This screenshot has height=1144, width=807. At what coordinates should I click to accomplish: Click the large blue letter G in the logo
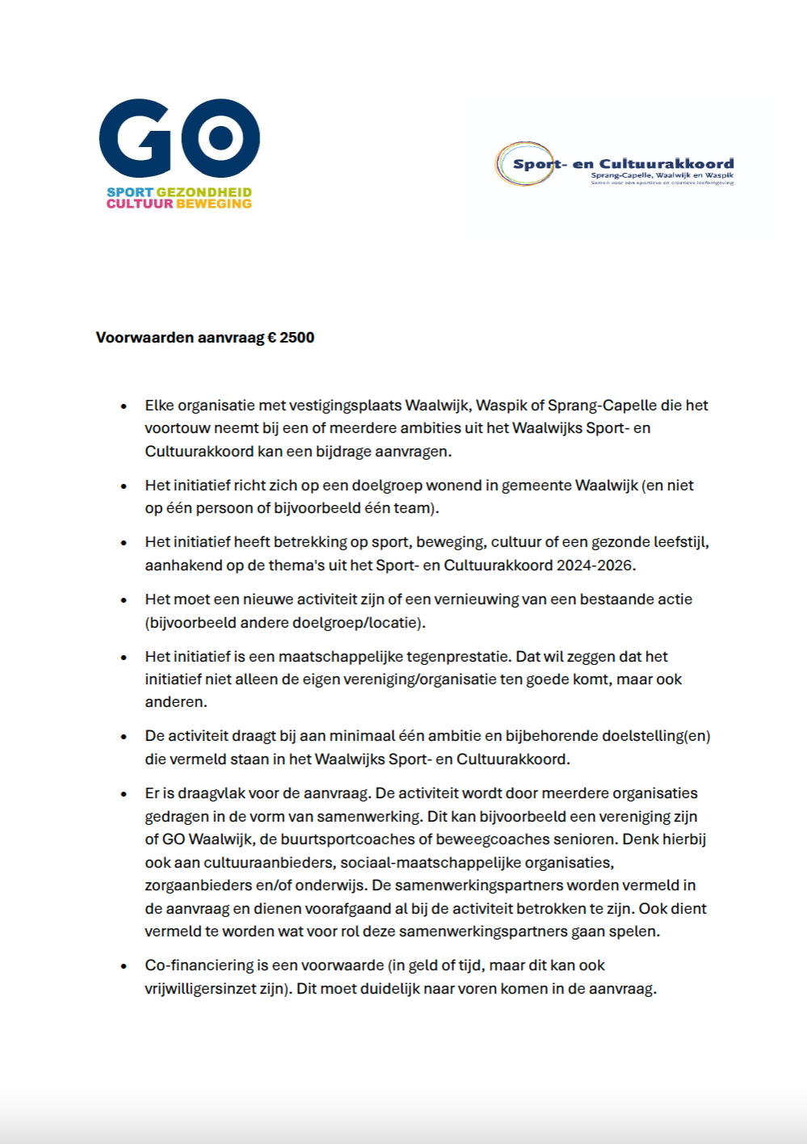[139, 139]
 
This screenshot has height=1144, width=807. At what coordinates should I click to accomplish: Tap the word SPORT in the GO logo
[129, 192]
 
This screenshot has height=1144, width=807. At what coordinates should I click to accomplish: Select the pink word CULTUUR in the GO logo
[140, 204]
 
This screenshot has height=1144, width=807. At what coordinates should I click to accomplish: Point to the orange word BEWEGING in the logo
[214, 204]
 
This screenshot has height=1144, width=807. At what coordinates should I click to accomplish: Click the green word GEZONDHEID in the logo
[204, 192]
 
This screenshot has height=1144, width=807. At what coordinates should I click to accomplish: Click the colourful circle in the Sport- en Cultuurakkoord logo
[524, 164]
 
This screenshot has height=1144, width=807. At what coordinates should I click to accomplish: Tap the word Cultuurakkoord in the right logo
[666, 163]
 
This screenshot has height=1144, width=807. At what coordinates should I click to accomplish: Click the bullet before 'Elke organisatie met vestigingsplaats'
[124, 406]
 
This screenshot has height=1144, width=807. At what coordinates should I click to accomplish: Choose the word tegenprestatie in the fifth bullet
[458, 656]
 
